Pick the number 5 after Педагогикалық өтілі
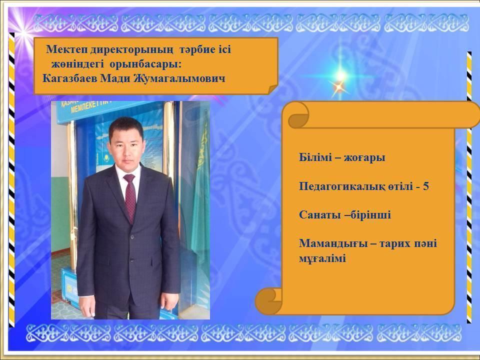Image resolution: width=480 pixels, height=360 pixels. point(426,186)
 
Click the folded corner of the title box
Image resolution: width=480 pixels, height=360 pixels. point(272,89)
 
